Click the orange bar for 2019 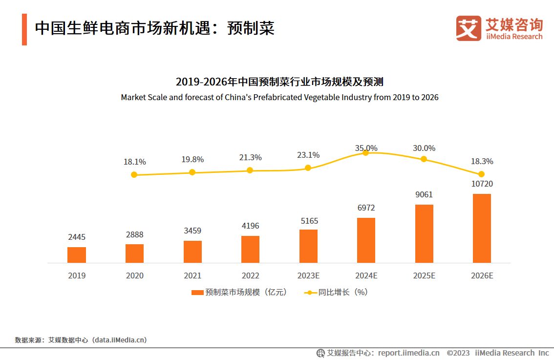(77, 255)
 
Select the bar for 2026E (482, 229)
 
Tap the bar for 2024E (366, 240)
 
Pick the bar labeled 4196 (250, 250)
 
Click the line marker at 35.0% (366, 153)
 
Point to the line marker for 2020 (134, 175)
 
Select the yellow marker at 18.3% (482, 174)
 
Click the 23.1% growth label (308, 155)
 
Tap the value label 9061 (424, 195)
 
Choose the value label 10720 (482, 184)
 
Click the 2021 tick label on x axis (192, 275)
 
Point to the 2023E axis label (308, 275)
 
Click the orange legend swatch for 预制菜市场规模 (197, 293)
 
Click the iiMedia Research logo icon (469, 28)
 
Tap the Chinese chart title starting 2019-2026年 (279, 82)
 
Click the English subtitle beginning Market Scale (279, 97)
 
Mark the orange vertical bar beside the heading (24, 29)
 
